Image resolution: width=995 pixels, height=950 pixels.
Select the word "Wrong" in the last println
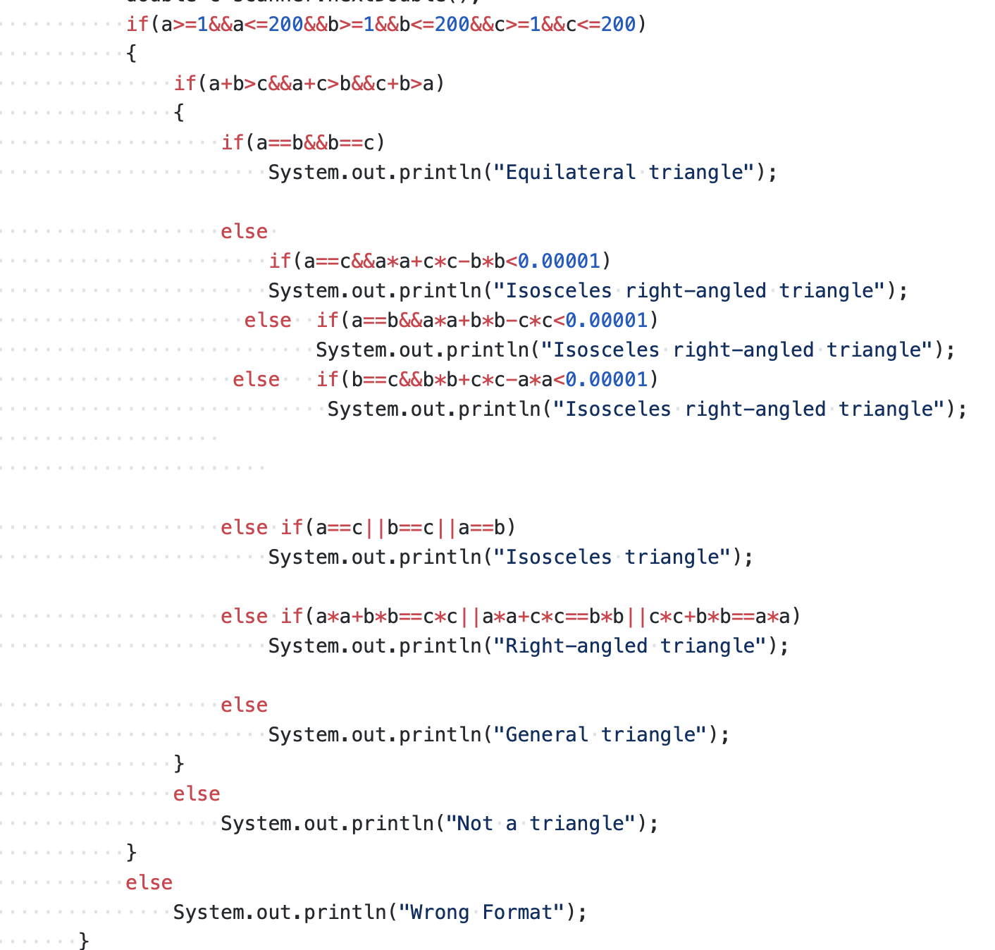[440, 913]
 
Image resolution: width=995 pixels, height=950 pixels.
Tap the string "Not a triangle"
[541, 824]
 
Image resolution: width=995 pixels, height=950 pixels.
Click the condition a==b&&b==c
[315, 143]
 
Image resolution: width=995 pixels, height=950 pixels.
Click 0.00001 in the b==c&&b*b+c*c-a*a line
[607, 380]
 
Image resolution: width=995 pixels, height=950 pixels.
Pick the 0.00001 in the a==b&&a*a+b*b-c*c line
[607, 321]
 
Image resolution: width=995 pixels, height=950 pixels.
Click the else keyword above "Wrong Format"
[149, 883]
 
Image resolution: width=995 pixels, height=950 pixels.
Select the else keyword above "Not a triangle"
[197, 794]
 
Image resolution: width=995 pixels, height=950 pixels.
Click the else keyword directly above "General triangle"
[244, 705]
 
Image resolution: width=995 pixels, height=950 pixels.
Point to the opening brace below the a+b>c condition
[179, 113]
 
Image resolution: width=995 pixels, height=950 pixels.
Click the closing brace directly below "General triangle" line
[179, 764]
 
